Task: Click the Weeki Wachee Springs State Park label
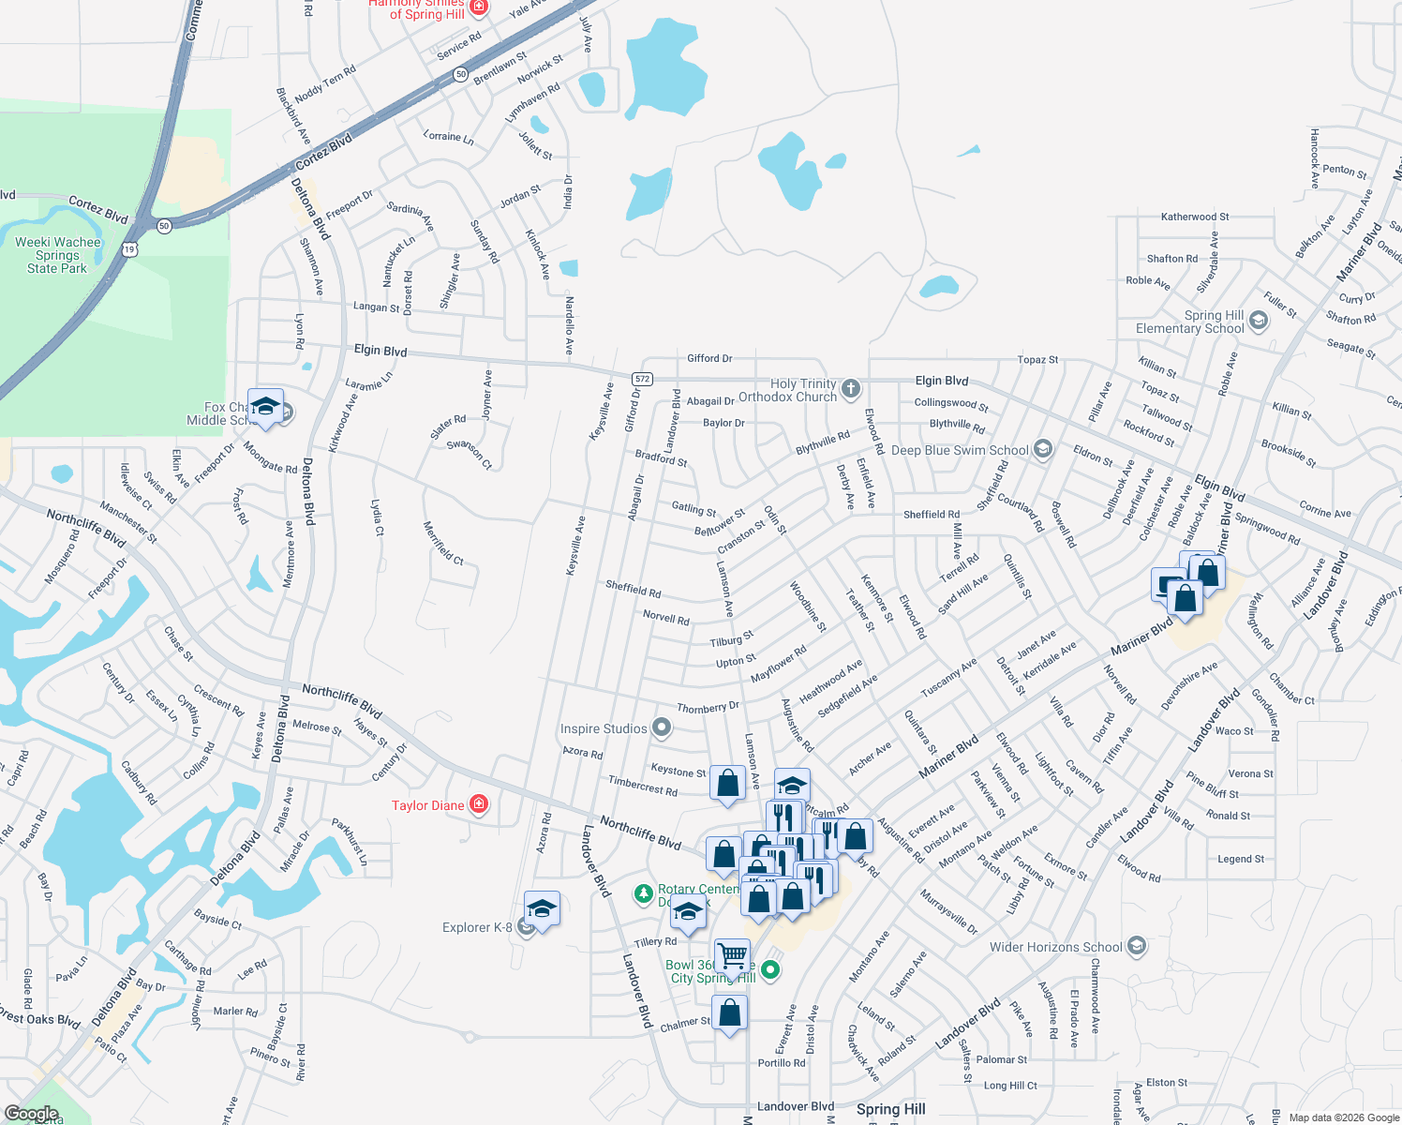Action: click(x=57, y=255)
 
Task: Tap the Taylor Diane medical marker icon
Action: click(x=479, y=804)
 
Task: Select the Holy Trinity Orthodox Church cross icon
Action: click(x=850, y=389)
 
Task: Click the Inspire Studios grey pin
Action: click(x=662, y=727)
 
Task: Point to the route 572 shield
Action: click(x=641, y=379)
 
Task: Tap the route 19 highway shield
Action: click(x=129, y=248)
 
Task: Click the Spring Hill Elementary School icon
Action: click(x=1259, y=322)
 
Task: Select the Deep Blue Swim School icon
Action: click(x=1042, y=450)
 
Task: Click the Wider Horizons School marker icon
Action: click(x=1136, y=946)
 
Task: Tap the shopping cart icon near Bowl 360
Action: click(x=732, y=956)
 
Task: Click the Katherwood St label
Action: click(x=1195, y=217)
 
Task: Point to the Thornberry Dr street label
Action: click(x=708, y=708)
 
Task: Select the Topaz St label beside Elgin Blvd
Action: click(x=1037, y=360)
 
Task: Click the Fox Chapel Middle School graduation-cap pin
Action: click(x=265, y=406)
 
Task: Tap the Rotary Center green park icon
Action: click(x=643, y=892)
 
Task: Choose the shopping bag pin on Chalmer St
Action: click(x=730, y=1012)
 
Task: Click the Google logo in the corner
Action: click(x=31, y=1114)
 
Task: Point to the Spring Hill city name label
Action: click(x=890, y=1109)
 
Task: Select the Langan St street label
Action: click(x=376, y=307)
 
